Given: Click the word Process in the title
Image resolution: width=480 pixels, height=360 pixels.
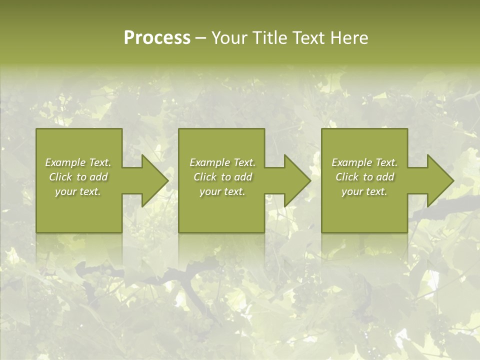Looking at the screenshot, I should click(x=157, y=38).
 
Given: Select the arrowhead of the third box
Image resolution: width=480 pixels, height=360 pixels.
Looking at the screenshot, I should click(x=439, y=180).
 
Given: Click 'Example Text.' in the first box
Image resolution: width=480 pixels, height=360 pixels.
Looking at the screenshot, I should click(x=78, y=162).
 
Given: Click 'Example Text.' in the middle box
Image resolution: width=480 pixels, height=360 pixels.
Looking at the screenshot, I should click(x=222, y=162).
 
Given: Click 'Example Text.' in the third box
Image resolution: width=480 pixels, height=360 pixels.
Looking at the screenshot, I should click(x=364, y=162).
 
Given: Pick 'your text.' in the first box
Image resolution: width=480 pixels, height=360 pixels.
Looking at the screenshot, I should click(x=78, y=191).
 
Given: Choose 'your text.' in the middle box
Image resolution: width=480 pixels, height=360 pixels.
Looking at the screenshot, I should click(x=222, y=191).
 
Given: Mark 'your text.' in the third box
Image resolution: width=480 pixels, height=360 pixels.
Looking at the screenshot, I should click(x=364, y=191).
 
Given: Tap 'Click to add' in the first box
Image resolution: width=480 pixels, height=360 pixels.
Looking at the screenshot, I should click(x=78, y=177).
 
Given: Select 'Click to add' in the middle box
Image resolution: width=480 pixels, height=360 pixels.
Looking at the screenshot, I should click(x=222, y=177).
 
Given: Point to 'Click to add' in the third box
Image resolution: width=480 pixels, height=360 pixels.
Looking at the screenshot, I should click(x=364, y=177).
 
